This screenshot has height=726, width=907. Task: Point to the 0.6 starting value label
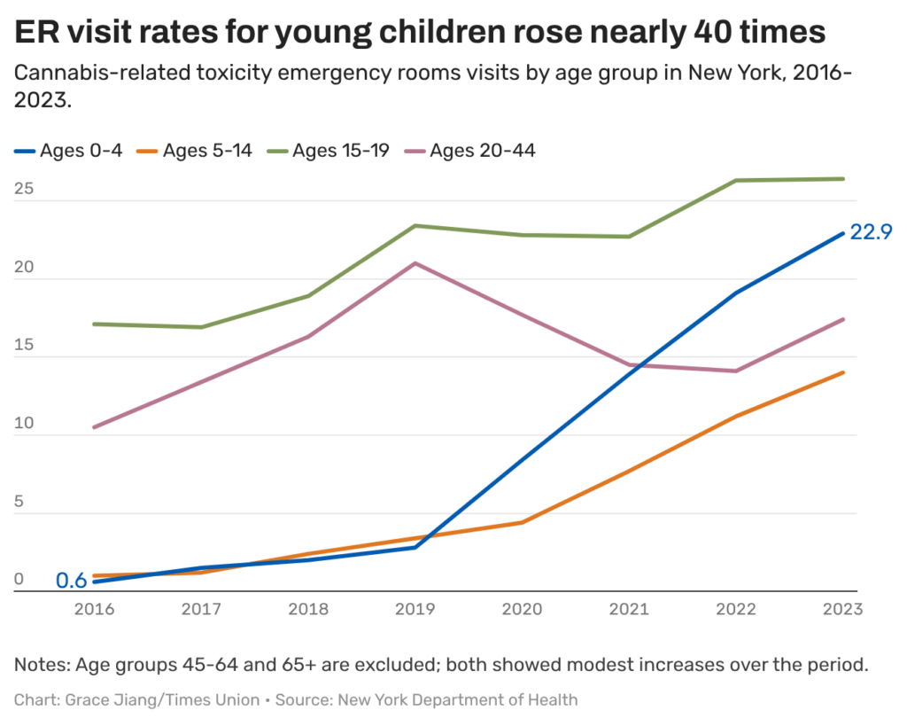pos(71,582)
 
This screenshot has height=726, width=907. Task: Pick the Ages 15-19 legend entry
pos(329,151)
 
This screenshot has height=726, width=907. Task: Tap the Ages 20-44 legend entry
pos(470,151)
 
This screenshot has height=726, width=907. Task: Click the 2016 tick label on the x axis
pos(94,610)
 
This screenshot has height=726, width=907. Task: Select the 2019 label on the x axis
pos(415,610)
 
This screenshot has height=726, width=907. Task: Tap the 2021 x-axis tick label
pos(629,610)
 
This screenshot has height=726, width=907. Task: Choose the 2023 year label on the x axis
pos(842,610)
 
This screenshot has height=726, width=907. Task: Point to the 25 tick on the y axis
pos(24,189)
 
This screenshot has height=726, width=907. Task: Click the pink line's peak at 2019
pos(415,263)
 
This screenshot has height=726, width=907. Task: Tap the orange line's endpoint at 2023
pos(843,372)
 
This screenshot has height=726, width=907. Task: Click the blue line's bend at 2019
pos(415,547)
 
